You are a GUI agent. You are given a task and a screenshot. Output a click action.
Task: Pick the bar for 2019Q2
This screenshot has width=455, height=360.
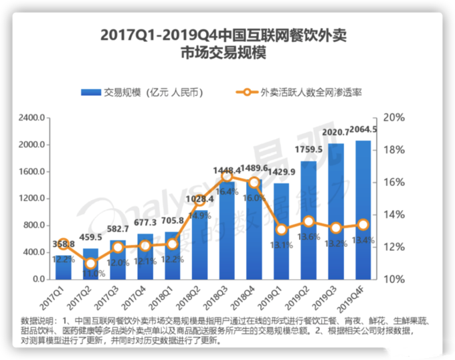(x=309, y=220)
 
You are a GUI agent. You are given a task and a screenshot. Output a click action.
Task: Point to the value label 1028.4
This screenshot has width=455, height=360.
(x=199, y=199)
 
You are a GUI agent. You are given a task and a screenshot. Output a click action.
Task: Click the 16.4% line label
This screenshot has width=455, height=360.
(x=227, y=191)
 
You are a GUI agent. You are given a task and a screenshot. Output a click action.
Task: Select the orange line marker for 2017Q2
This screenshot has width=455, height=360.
(x=90, y=263)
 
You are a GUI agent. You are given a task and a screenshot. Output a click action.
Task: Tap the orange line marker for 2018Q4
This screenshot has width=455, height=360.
(x=254, y=182)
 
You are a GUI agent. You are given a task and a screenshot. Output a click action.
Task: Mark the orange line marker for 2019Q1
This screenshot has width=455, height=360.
(x=282, y=230)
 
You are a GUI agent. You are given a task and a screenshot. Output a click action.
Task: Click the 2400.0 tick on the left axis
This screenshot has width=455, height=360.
(x=31, y=118)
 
